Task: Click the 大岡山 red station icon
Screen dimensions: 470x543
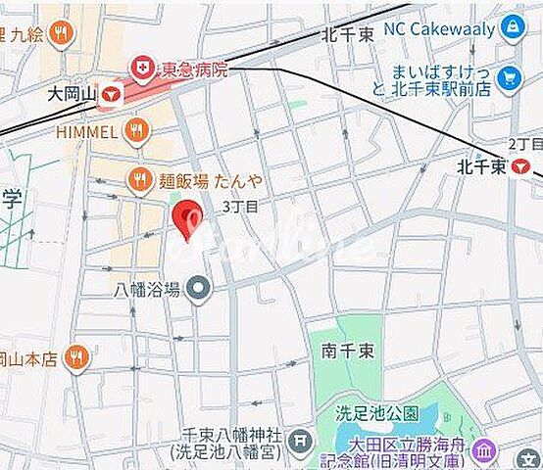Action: point(112,94)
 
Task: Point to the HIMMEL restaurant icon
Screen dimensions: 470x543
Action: point(137,130)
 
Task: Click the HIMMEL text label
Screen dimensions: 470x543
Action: point(87,131)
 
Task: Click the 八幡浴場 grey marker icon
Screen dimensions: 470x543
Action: point(199,289)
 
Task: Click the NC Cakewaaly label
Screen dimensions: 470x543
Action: point(439,29)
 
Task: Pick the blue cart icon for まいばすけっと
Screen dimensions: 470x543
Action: point(509,78)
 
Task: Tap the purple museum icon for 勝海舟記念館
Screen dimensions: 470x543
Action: point(483,451)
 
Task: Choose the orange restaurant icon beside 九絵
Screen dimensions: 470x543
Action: point(62,34)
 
